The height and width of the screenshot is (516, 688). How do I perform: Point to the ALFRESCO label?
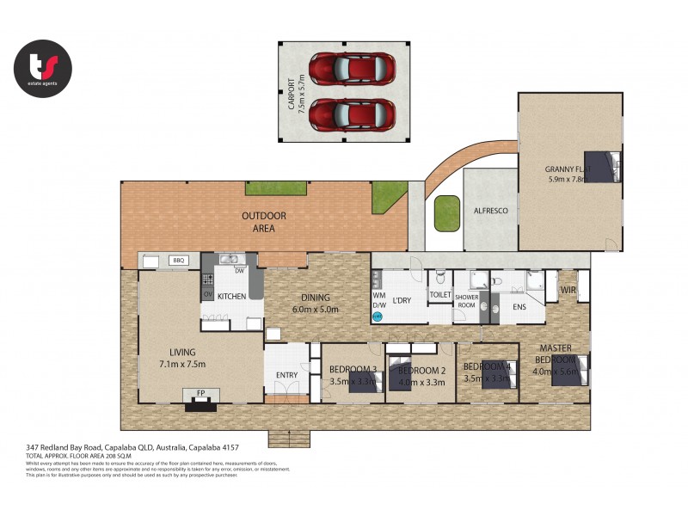pyautogui.click(x=489, y=209)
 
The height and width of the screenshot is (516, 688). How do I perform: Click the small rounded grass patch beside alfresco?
pyautogui.click(x=446, y=213)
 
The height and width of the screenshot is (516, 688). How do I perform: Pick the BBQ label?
pyautogui.click(x=180, y=260)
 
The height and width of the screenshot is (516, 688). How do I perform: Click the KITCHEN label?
pyautogui.click(x=232, y=296)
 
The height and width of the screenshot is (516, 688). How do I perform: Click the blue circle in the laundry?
pyautogui.click(x=377, y=316)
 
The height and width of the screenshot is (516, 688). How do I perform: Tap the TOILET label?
pyautogui.click(x=440, y=294)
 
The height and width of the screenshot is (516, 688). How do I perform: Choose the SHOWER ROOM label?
pyautogui.click(x=466, y=301)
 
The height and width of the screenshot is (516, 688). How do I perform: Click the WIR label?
pyautogui.click(x=568, y=291)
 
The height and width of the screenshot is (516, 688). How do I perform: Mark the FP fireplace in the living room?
pyautogui.click(x=200, y=393)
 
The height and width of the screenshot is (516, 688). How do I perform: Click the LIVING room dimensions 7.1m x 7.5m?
pyautogui.click(x=182, y=364)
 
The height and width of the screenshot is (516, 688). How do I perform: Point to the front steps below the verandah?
pyautogui.click(x=286, y=439)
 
